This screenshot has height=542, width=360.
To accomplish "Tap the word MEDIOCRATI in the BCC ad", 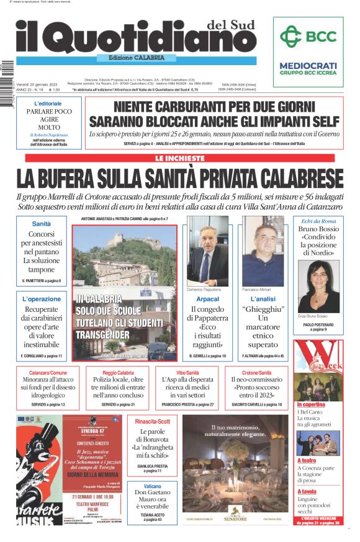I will tap(308, 65).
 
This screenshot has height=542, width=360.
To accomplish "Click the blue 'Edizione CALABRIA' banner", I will tap(137, 58).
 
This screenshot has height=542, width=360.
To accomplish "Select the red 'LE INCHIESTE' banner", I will tap(179, 159).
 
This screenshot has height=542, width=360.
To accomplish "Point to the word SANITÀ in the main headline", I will tap(203, 177).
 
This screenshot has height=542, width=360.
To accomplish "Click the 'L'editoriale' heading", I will tap(48, 103).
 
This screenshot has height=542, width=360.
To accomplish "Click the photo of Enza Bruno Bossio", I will tap(319, 286).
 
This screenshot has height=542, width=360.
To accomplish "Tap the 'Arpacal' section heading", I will tap(207, 299).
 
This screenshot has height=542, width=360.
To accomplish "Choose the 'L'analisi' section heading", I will tap(263, 299).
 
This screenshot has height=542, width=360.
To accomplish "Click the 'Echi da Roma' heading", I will tap(318, 221).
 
